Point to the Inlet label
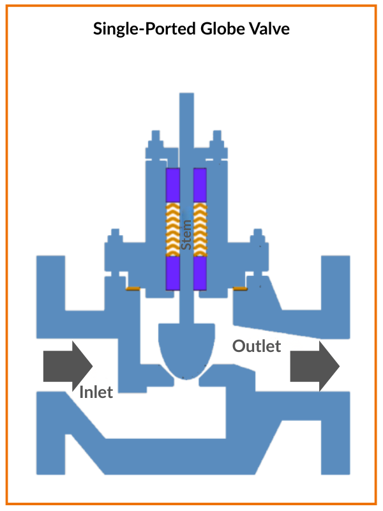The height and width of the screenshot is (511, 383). [x=96, y=392]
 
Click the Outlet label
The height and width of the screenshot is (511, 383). [x=257, y=346]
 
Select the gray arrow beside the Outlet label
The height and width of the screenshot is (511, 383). [x=314, y=366]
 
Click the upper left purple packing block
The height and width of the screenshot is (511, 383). [x=173, y=186]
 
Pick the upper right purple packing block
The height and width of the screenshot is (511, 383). [x=200, y=186]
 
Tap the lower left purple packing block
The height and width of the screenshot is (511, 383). [x=173, y=273]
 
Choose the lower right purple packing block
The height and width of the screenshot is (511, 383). [x=200, y=273]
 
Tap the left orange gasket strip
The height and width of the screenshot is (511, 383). [x=133, y=289]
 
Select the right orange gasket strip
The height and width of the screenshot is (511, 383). [x=241, y=289]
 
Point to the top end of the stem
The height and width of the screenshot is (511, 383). [x=187, y=97]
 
